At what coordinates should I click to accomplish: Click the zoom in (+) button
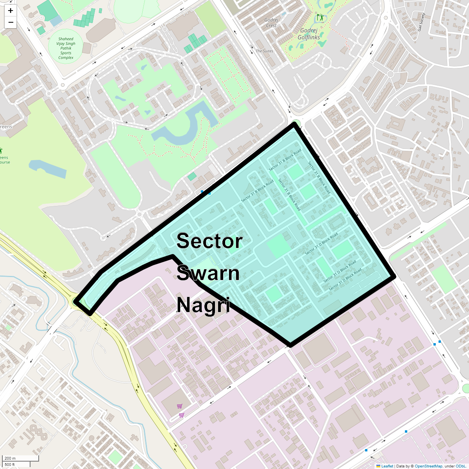pos(11,11)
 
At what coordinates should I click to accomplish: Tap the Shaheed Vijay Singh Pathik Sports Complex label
pos(66,48)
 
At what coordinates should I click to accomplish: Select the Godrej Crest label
pos(271,23)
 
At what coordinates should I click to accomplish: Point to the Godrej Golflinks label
pos(309,34)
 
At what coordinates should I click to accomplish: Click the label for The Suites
pos(265,51)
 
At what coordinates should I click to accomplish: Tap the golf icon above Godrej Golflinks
pos(320,17)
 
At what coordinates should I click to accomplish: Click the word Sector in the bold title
pos(209,241)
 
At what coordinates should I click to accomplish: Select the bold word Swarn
pos(208,273)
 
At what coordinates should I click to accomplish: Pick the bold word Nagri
pos(203,305)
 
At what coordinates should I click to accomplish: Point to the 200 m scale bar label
pos(10,458)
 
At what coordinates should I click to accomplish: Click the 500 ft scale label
pos(10,465)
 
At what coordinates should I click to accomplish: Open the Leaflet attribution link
pos(387,466)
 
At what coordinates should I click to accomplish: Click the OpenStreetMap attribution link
pos(428,466)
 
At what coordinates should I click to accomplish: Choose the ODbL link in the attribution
pos(461,466)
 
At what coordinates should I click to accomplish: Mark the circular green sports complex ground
pos(65,46)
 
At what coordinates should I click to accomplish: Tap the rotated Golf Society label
pos(421,22)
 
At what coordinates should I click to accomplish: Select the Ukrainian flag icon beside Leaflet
pos(378,466)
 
